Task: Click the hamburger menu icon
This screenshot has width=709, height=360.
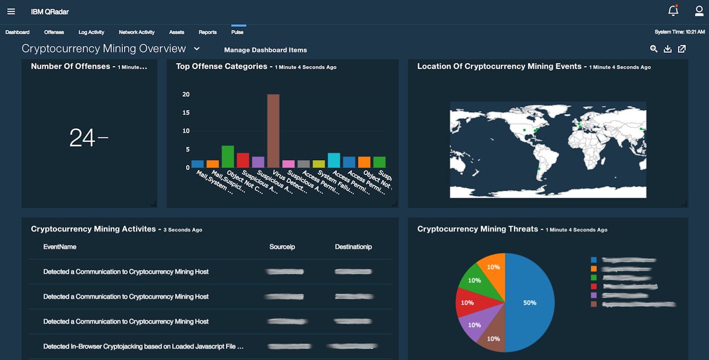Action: point(11,11)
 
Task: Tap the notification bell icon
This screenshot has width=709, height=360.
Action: point(673,11)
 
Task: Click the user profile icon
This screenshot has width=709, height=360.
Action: point(699,11)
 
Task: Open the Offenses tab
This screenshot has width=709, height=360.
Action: point(54,32)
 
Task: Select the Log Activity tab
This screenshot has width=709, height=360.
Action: point(91,32)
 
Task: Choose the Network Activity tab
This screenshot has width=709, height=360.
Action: point(136,32)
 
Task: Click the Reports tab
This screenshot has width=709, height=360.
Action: point(208,32)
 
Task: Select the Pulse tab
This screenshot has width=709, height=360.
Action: point(237,32)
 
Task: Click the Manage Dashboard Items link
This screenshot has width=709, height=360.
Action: point(265,50)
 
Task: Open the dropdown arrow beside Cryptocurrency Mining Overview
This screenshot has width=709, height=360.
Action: point(196,49)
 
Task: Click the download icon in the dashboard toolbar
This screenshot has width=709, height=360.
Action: point(668,49)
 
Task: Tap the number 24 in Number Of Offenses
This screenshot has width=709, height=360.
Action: point(83,138)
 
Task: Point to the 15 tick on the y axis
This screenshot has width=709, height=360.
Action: point(186,113)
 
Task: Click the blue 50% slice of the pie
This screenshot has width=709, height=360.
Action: point(530,303)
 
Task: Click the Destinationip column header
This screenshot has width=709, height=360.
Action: point(353,247)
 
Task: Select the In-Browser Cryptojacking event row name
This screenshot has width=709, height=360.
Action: point(143,346)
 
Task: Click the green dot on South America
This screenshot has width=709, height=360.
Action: point(539,169)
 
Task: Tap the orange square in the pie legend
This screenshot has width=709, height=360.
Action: point(594,269)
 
